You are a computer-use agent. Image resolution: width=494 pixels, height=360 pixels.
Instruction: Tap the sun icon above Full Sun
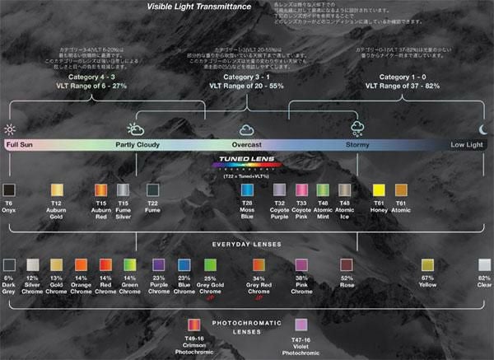click(10, 129)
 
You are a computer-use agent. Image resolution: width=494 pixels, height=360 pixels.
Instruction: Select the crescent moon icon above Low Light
click(483, 129)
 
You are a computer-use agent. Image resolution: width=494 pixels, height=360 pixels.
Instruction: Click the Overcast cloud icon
click(245, 129)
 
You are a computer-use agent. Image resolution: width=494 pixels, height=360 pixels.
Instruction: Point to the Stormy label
click(358, 144)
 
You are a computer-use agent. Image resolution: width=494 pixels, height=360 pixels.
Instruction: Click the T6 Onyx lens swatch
click(9, 190)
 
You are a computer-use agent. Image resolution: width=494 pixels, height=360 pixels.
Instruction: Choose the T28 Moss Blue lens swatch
click(246, 190)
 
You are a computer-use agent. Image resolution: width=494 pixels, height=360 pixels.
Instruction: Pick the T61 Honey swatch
click(379, 190)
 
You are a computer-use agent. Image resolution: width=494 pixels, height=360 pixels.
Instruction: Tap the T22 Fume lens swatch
click(151, 190)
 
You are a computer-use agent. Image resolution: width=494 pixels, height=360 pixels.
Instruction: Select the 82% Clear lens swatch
click(485, 264)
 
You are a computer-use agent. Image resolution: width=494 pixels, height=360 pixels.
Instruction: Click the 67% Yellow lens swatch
click(427, 264)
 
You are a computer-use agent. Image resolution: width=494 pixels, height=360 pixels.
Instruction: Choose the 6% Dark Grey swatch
click(9, 264)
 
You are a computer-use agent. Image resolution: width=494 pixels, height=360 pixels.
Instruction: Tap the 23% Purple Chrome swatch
click(159, 264)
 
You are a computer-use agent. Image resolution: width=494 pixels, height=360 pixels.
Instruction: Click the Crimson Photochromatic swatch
click(195, 325)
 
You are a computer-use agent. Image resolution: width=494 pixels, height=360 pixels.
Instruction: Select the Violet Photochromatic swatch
click(301, 325)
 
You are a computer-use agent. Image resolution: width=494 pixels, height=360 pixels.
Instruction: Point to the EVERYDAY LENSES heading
click(246, 244)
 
